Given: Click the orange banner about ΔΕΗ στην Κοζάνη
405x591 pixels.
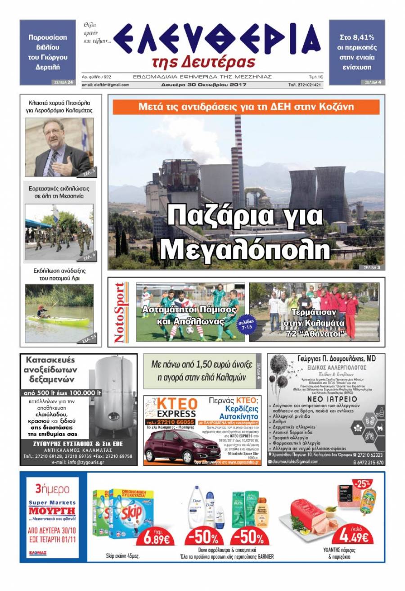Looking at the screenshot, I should pyautogui.click(x=246, y=107).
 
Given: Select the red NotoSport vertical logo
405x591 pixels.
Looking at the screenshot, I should pyautogui.click(x=121, y=313).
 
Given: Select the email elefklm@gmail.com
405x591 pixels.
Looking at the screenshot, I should pyautogui.click(x=106, y=85).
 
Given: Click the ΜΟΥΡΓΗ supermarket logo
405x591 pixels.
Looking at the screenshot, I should pyautogui.click(x=52, y=511).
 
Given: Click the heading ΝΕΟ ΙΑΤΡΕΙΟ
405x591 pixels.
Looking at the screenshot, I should pyautogui.click(x=326, y=399).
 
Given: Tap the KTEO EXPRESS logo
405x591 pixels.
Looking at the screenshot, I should pyautogui.click(x=171, y=407).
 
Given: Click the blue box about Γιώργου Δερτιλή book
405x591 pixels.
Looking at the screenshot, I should pyautogui.click(x=48, y=52).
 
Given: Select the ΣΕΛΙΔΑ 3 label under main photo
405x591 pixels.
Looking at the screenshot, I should pyautogui.click(x=372, y=267).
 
